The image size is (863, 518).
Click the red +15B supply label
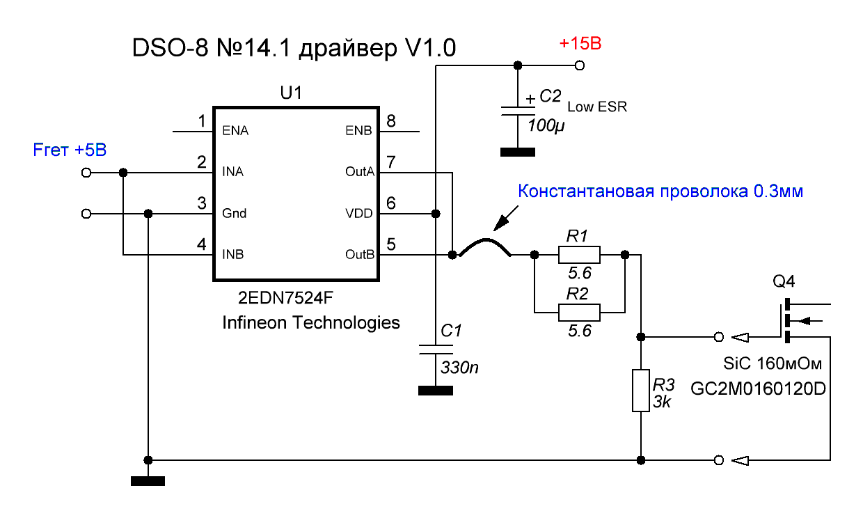pos(580,44)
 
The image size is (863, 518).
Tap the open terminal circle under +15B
pos(580,65)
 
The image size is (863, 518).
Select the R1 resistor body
pos(579,255)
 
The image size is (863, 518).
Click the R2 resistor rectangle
pos(579,313)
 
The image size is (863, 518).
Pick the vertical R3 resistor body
pos(641,391)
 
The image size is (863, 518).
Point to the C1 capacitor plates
pos(436,350)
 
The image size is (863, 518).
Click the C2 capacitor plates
pos(518,111)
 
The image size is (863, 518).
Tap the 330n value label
pos(459,368)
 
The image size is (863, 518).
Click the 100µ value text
pos(546,126)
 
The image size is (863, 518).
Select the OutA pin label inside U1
pos(360,171)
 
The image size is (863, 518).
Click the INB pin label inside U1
pos(232,254)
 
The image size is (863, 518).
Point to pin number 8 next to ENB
pos(390,121)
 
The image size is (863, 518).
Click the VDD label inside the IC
pos(358,213)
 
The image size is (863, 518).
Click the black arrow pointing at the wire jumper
pos(506,218)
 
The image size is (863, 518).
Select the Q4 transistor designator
pos(784,282)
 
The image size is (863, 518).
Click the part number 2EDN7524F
pos(285,298)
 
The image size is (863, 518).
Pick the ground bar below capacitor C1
pos(436,391)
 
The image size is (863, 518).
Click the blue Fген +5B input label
pos(70,150)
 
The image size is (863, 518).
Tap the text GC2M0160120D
pos(758,389)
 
